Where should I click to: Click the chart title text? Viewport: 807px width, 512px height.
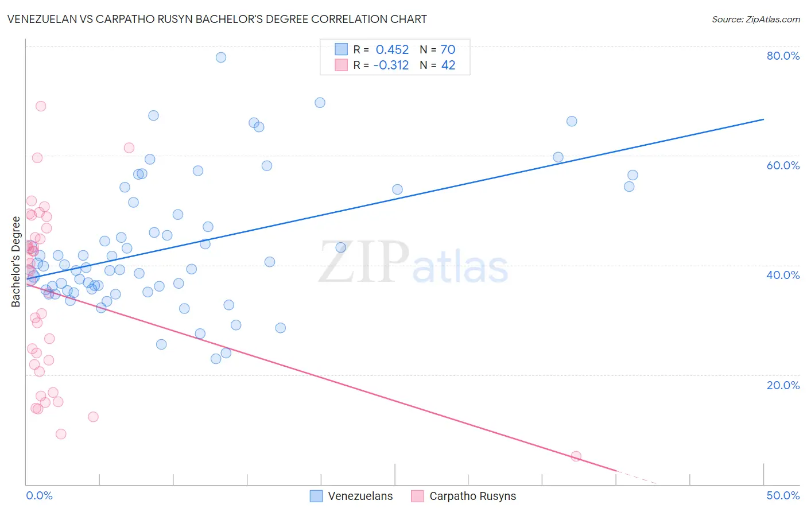tap(217, 19)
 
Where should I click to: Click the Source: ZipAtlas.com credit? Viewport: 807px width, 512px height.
tap(755, 19)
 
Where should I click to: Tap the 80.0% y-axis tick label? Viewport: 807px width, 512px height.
tap(783, 56)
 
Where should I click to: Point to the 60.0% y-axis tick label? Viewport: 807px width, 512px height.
tap(783, 165)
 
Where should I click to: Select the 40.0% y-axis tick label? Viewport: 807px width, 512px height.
tap(783, 275)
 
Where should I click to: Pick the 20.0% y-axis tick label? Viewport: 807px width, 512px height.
tap(783, 385)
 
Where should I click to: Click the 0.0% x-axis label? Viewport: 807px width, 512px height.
tap(39, 495)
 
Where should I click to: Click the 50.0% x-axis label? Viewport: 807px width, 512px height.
tap(783, 495)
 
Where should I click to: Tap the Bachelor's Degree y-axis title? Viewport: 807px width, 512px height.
tap(16, 262)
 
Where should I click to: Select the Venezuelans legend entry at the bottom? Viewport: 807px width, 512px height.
tap(351, 496)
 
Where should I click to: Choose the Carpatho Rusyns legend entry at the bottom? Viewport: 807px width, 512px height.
tap(464, 496)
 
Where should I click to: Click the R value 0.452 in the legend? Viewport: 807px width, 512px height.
tap(392, 50)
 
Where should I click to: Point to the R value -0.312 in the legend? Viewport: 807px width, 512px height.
tap(391, 65)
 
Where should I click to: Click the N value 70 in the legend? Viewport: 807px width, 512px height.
tap(448, 50)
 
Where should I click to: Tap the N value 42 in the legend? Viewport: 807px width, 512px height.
tap(448, 65)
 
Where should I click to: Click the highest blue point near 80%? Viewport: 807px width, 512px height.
tap(220, 57)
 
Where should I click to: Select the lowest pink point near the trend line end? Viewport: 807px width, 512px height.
tap(576, 456)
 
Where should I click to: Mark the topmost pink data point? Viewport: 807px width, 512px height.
tap(41, 106)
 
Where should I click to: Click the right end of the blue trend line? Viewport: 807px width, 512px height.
tap(763, 119)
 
